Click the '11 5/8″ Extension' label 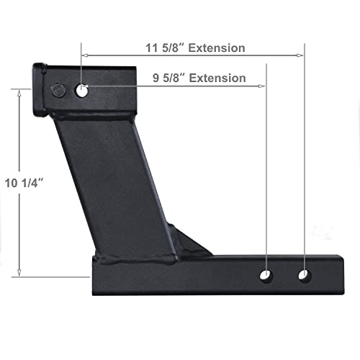190,49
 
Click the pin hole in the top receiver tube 81,91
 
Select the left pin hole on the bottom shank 268,275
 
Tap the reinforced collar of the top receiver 41,92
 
